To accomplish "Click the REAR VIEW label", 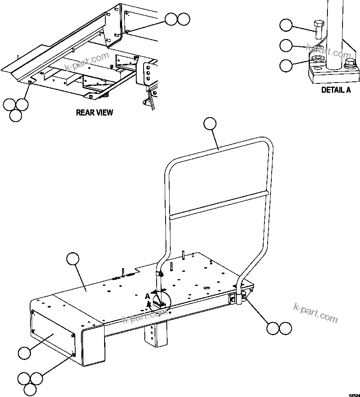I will pos(94,113).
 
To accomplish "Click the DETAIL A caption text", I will pos(336,90).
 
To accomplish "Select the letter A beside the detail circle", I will pos(148,297).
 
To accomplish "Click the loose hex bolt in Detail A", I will pos(318,31).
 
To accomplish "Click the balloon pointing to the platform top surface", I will pos(73,259).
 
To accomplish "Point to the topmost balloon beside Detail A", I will pos(286,26).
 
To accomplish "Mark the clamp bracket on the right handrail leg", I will pos(238,299).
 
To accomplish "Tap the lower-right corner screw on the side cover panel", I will pos(73,355).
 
